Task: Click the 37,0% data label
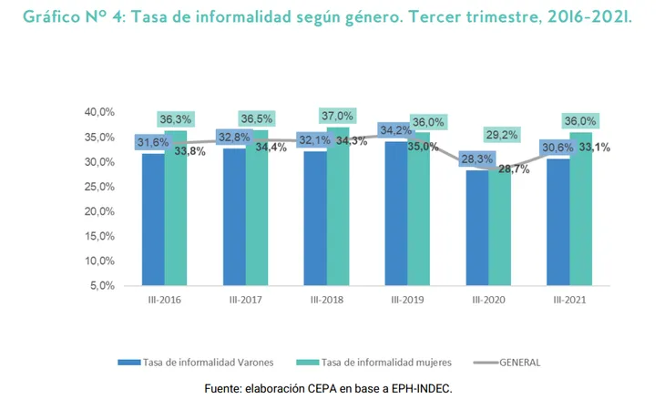coord(337,116)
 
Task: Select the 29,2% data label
coord(500,135)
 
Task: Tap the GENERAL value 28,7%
coord(514,169)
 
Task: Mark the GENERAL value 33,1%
coord(593,147)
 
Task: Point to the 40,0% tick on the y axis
coord(98,112)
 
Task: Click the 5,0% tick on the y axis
coord(101,285)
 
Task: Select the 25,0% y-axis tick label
coord(98,186)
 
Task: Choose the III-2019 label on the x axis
coord(407,300)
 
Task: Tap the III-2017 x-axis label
coord(246,300)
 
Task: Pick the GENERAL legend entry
coord(519,362)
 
